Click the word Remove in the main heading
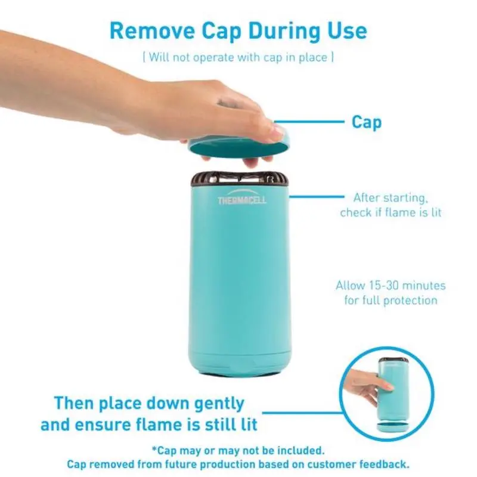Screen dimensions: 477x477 [152, 31]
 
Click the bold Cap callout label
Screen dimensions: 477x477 [366, 122]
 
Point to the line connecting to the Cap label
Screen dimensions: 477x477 [309, 122]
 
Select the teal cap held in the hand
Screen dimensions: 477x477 [239, 144]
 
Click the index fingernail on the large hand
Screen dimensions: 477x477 [278, 131]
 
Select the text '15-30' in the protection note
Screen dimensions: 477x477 [382, 286]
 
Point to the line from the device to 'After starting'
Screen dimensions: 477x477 [317, 197]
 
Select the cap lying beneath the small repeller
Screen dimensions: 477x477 [392, 427]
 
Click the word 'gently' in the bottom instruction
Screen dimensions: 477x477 [219, 404]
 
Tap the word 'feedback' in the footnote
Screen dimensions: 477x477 [384, 464]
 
